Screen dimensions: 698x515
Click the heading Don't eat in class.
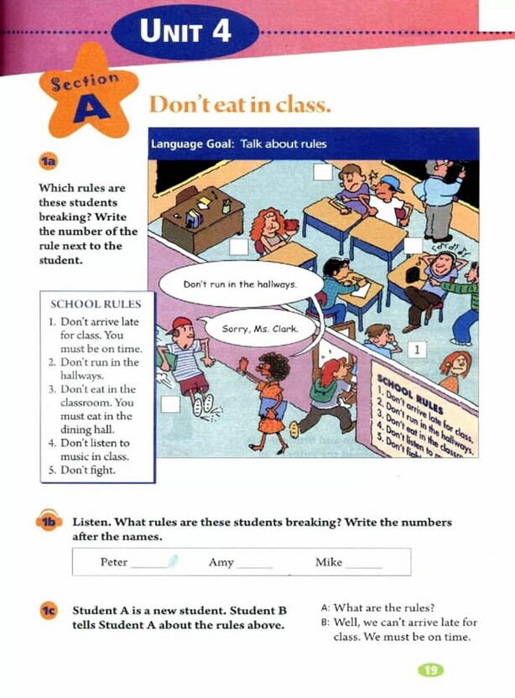(241, 107)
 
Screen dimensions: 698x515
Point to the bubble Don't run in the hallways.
(240, 284)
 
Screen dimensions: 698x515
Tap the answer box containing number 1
(417, 349)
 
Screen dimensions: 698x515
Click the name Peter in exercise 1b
(114, 562)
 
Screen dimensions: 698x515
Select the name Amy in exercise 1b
(221, 562)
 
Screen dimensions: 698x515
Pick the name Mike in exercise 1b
(329, 562)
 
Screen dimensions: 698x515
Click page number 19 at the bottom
(429, 669)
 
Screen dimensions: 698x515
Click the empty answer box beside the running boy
(170, 404)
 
